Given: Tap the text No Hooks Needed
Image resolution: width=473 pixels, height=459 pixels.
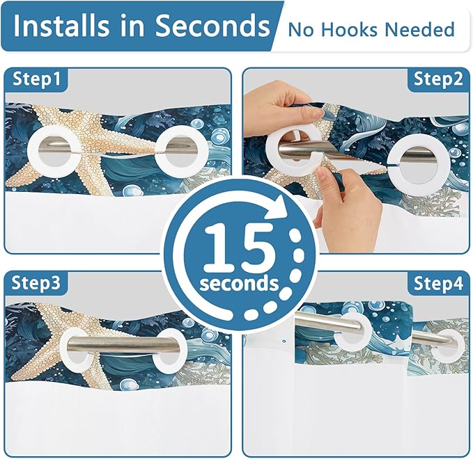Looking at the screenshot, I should (x=371, y=30).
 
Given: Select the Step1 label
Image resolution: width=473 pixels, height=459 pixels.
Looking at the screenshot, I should (x=39, y=79).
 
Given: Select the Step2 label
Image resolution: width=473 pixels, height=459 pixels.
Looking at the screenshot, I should (x=438, y=79).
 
